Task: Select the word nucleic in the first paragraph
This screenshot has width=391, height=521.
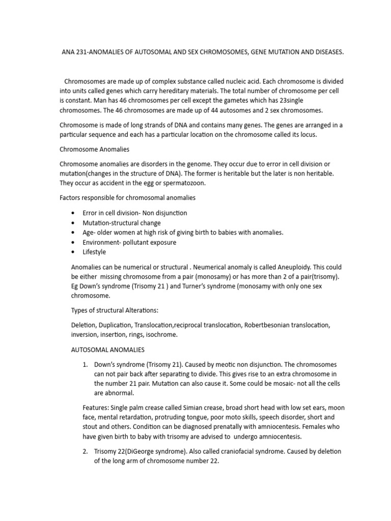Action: (238, 81)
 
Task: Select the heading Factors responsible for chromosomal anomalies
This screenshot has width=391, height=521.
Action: (127, 197)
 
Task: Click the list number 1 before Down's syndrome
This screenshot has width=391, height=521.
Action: (85, 365)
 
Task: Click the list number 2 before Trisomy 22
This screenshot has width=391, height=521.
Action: (85, 451)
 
